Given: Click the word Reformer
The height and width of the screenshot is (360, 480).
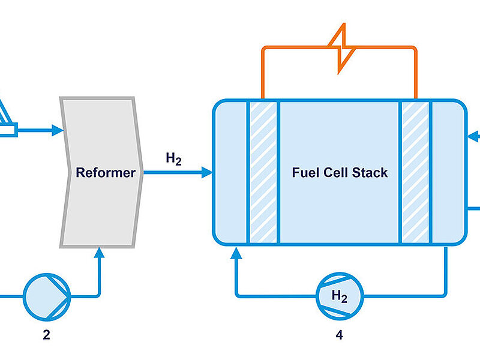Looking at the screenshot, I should (x=106, y=173).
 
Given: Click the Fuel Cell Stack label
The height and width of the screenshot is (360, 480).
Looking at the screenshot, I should (x=340, y=173).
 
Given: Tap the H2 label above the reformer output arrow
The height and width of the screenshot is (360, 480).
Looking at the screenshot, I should (x=174, y=159).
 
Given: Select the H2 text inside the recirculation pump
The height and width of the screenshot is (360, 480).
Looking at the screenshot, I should (x=340, y=295).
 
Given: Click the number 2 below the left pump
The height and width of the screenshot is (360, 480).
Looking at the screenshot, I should (x=46, y=335).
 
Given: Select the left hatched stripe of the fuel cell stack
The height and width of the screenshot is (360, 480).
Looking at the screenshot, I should (x=263, y=173).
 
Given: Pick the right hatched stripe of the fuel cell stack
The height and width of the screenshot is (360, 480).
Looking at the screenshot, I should (x=415, y=173).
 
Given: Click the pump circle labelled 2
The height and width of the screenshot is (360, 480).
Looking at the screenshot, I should (x=47, y=295).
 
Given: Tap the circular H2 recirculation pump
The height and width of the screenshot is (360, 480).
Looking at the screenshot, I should (x=340, y=295).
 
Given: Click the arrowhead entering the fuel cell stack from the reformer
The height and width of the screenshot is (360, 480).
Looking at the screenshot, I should (x=207, y=173).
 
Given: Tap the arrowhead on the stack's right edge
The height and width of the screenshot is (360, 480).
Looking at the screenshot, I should (x=473, y=136).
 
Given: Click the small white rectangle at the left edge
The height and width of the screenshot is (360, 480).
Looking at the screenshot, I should (x=8, y=128).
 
